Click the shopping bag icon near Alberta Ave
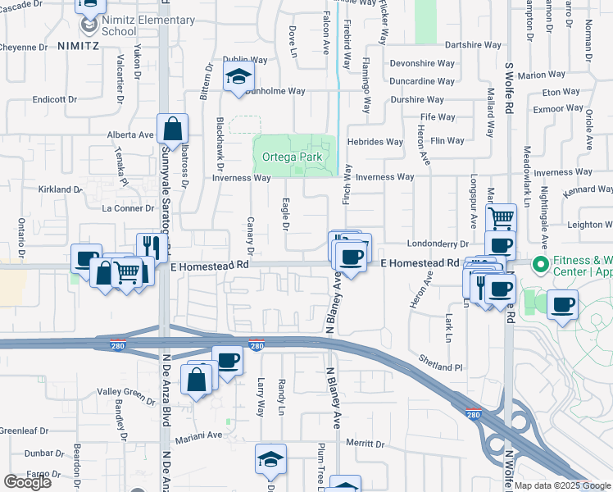coord(173,130)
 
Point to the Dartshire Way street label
coord(473,45)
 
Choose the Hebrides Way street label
coord(375,142)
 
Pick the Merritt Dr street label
coord(365,443)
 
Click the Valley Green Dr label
coord(126,396)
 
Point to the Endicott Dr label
coord(54,99)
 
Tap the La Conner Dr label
coord(122,208)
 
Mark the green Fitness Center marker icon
coord(539,266)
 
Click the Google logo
coord(27,482)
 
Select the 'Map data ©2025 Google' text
coord(562,485)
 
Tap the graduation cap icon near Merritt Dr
coord(270,461)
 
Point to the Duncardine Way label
coord(423,82)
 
